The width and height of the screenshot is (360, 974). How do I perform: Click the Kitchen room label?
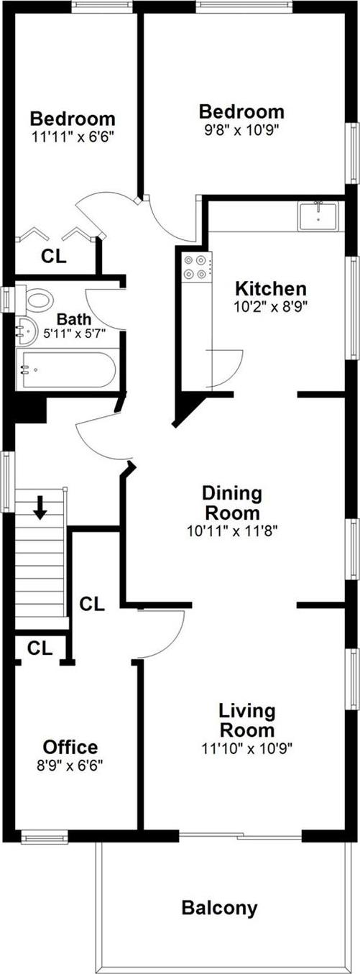tap(271, 289)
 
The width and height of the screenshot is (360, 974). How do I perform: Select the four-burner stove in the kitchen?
tap(196, 267)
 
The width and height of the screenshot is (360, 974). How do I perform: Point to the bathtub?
tap(65, 369)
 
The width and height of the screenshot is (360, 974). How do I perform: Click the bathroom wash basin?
tap(27, 330)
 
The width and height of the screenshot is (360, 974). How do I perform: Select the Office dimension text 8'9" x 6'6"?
tap(70, 766)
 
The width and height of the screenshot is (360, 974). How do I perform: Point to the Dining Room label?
tap(231, 503)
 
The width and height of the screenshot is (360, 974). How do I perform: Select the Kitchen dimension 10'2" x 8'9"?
tap(271, 307)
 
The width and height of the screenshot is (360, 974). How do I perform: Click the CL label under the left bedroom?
tap(54, 256)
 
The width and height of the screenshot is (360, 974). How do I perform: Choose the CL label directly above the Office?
tap(40, 648)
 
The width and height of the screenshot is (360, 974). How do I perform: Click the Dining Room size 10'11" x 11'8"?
tap(231, 531)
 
